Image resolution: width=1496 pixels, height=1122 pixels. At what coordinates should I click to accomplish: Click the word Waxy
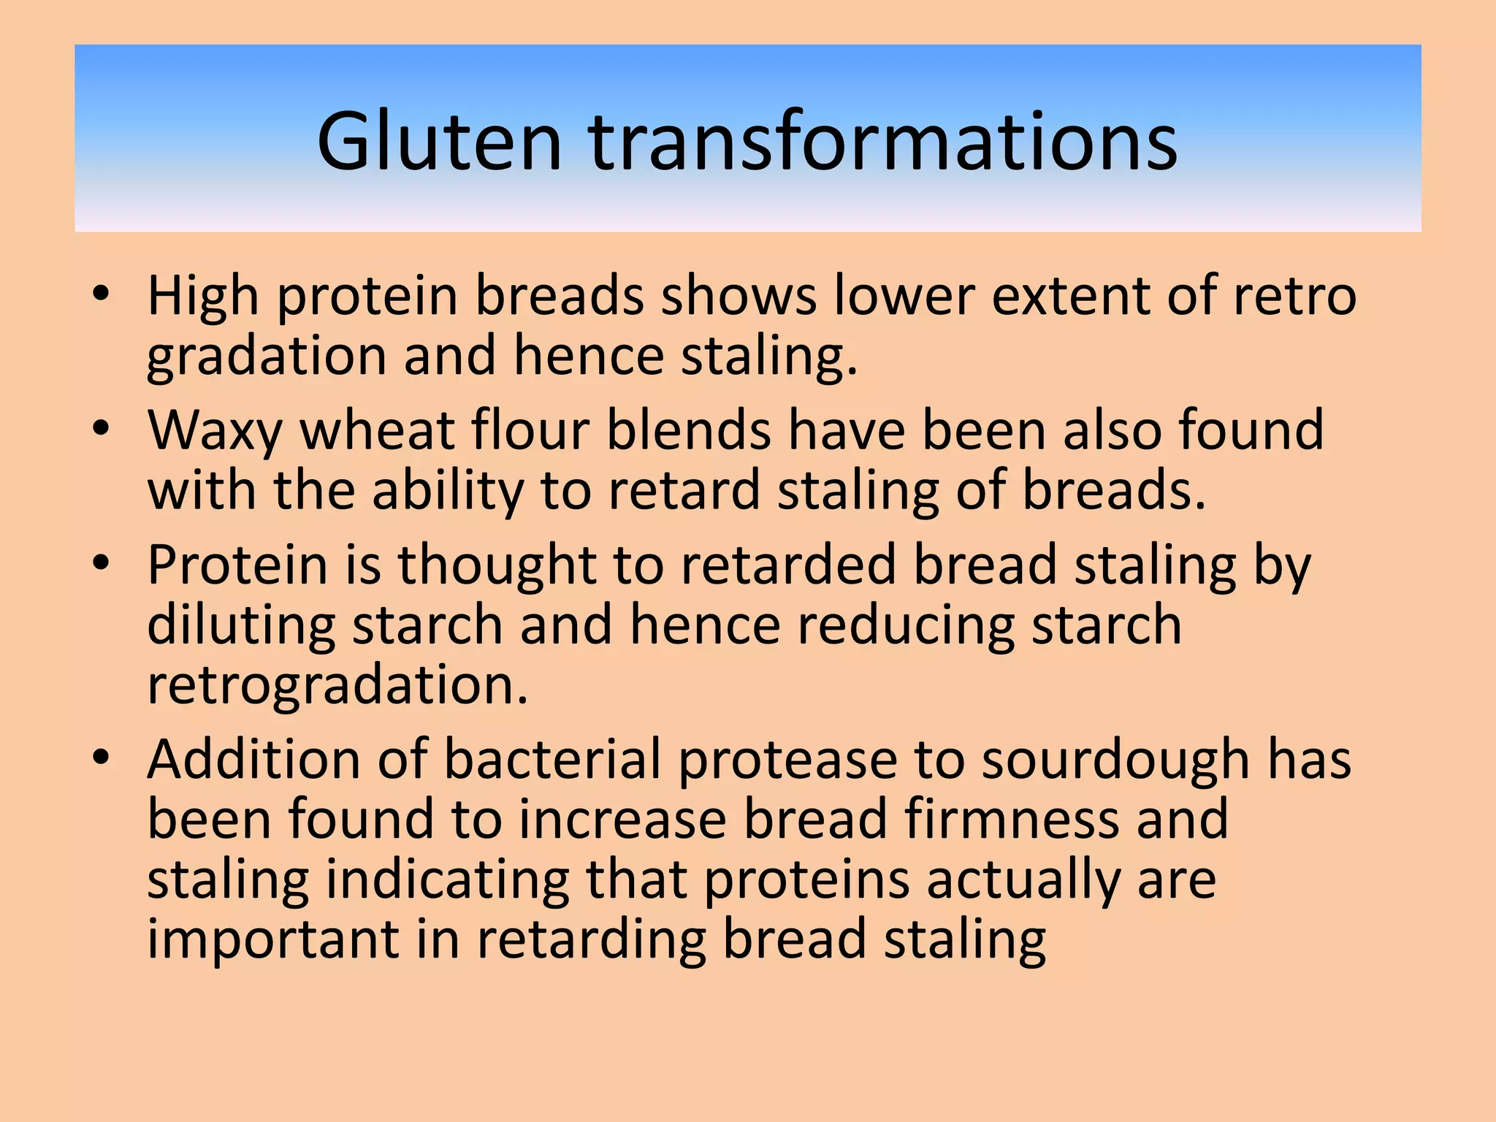(215, 432)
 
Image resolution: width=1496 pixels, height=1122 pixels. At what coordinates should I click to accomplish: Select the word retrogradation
(337, 686)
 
